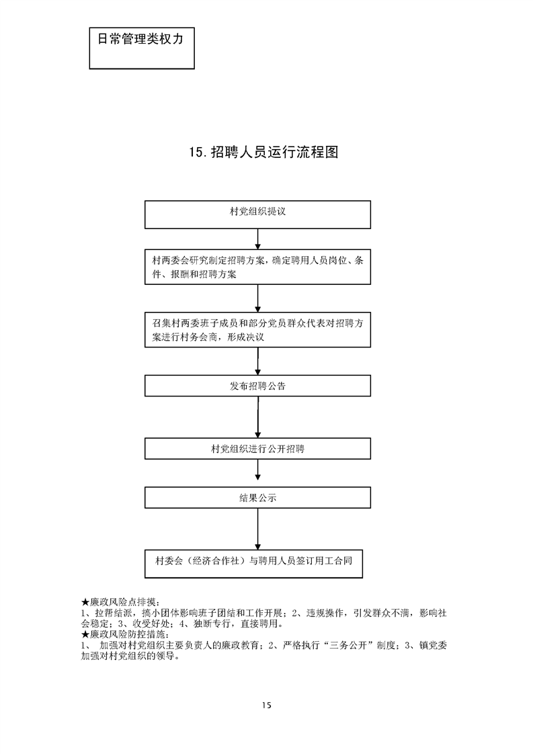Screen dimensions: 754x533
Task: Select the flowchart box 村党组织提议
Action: click(x=258, y=214)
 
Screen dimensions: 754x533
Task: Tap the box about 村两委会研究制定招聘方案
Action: click(x=258, y=267)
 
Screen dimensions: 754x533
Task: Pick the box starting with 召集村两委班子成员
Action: click(x=258, y=330)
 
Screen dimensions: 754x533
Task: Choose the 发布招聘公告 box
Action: click(x=258, y=386)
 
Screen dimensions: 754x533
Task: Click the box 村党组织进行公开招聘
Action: click(x=258, y=448)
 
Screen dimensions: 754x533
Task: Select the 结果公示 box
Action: click(x=258, y=498)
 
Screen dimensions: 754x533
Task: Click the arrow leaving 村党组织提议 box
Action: click(x=258, y=239)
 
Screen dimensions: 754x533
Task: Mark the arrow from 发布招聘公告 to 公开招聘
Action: click(x=258, y=417)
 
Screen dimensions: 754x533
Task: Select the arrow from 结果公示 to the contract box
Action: click(x=258, y=529)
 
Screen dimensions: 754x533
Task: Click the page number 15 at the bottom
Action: click(x=267, y=705)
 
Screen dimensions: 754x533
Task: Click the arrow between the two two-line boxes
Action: click(x=258, y=298)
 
